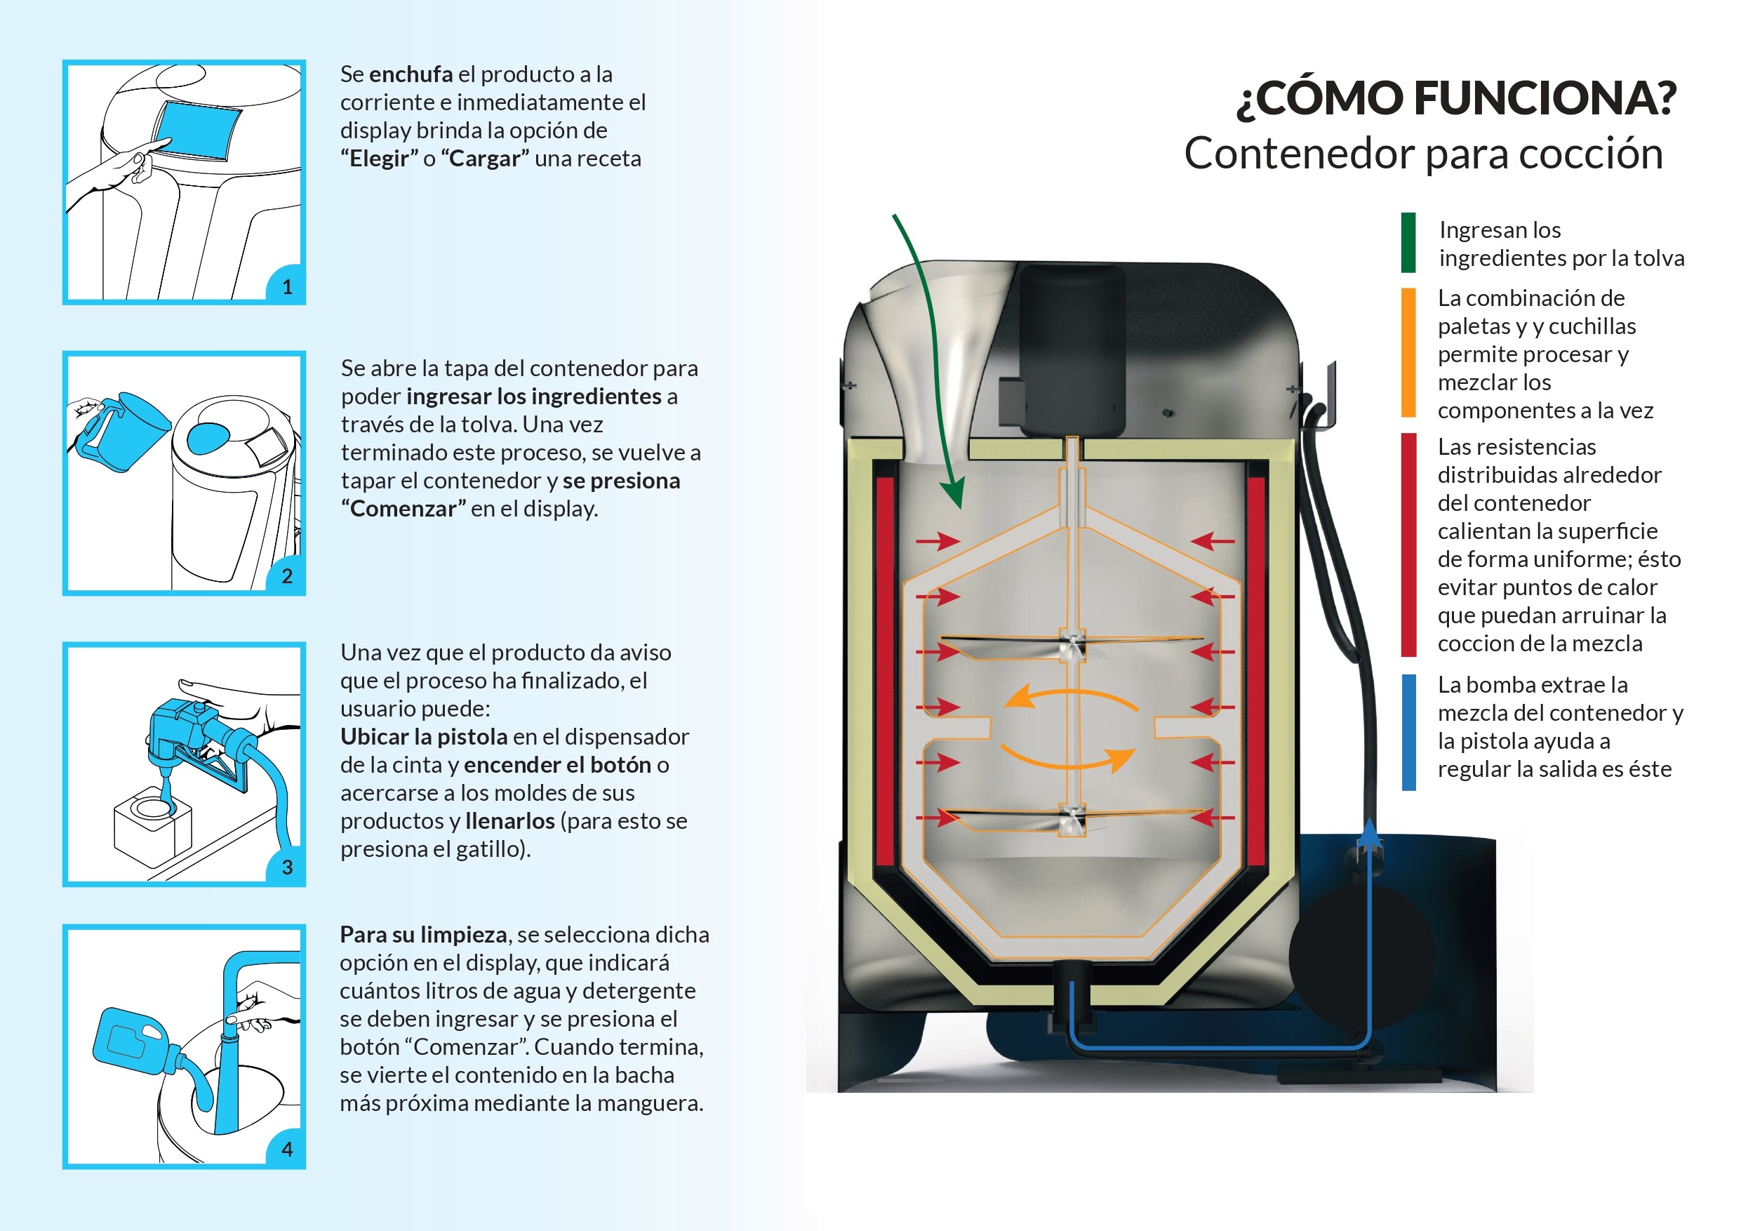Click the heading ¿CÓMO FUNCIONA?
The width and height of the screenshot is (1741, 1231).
coord(1456,98)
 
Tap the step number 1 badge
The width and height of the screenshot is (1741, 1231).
coord(286,287)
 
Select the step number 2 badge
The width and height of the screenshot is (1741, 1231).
coord(286,576)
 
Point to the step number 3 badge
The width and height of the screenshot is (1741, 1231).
coord(286,867)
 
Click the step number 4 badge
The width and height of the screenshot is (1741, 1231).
coord(286,1149)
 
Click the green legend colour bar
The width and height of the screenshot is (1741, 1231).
coord(1408,243)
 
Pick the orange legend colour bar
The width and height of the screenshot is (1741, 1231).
coord(1408,353)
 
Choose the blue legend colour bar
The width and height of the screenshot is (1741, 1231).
coord(1408,732)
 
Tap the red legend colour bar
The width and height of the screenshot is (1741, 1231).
coord(1408,545)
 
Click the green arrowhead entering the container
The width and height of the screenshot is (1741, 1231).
coord(956,493)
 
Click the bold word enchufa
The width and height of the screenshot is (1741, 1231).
coord(411,74)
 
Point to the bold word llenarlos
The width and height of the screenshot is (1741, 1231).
coord(509,821)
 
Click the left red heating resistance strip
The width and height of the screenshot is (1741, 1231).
coord(884,671)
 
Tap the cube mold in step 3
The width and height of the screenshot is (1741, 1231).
coord(152,827)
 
